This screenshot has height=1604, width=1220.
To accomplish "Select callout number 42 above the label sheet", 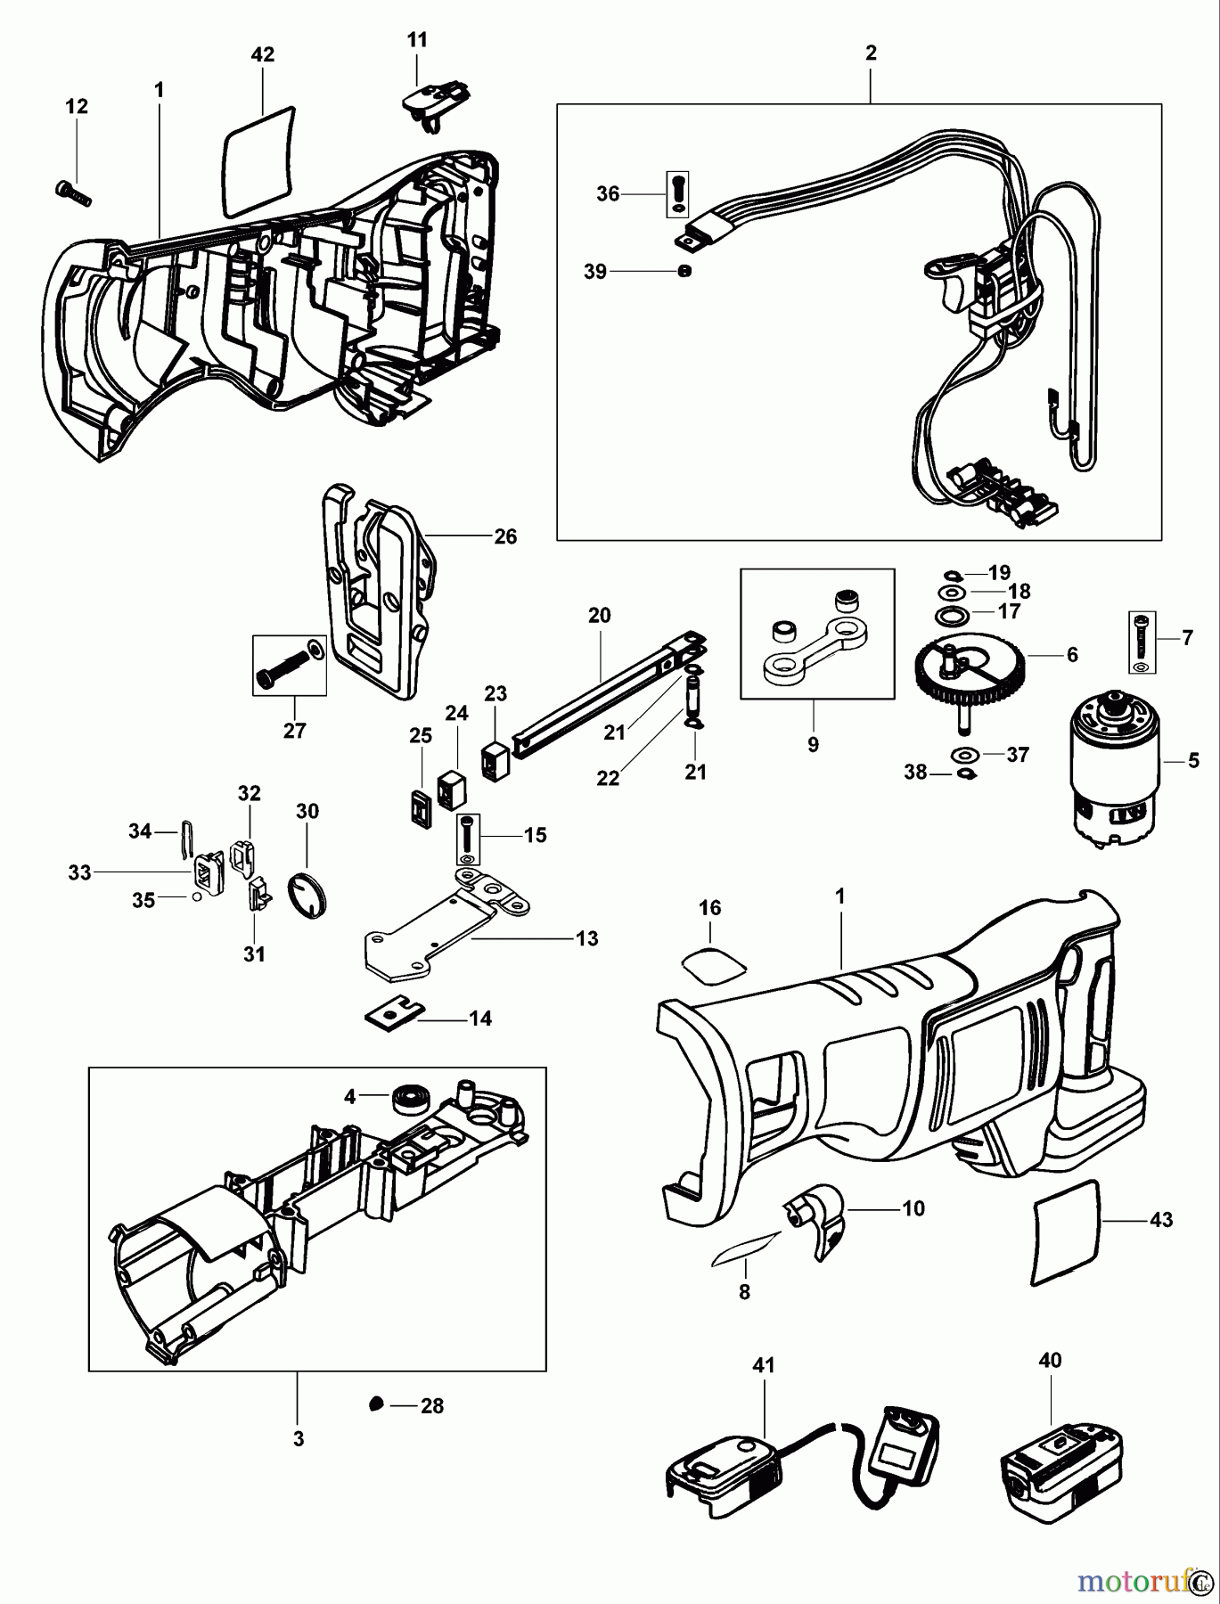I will click(x=262, y=55).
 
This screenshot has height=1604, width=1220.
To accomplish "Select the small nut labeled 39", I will click(x=684, y=272).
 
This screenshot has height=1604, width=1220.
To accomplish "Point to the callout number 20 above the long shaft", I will click(x=599, y=615).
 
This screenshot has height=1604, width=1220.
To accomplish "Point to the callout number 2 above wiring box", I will click(x=870, y=53).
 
